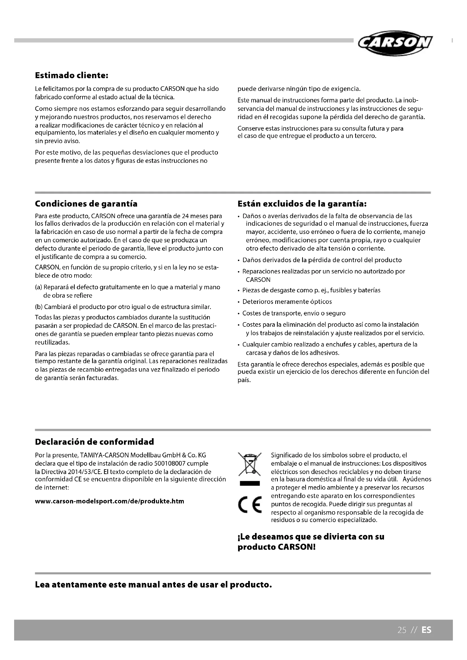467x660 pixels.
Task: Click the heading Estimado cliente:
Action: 71,76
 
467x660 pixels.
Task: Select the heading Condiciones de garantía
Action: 86,204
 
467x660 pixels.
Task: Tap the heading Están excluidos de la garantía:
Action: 302,204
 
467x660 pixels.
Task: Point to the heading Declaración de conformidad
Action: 94,442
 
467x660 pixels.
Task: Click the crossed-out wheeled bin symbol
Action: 250,464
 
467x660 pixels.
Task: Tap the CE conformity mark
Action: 250,505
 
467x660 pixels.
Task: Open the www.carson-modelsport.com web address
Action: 109,501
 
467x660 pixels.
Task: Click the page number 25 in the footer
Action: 402,630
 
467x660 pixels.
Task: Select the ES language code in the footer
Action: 426,630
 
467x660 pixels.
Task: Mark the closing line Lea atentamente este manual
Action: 153,585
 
